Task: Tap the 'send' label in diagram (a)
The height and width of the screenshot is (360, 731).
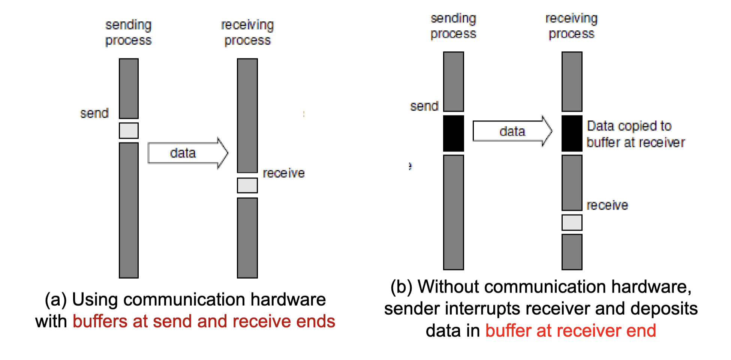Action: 94,113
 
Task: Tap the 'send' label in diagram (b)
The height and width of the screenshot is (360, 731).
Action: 424,106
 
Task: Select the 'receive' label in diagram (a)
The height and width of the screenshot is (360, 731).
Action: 283,173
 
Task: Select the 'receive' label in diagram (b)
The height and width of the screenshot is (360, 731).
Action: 607,205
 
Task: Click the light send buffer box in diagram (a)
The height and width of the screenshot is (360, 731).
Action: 129,130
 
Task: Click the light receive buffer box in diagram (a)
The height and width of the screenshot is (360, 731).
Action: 247,185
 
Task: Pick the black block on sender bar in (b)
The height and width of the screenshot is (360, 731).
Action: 453,133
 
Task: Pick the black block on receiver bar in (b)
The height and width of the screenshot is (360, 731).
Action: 572,133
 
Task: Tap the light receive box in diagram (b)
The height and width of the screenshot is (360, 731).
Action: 572,222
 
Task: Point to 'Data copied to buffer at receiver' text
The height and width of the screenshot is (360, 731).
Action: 635,134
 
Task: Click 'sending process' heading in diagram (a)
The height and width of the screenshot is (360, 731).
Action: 128,32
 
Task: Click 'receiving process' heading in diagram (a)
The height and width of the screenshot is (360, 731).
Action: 247,32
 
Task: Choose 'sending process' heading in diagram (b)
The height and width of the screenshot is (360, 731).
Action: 453,26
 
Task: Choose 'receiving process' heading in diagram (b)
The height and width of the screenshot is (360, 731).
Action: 571,26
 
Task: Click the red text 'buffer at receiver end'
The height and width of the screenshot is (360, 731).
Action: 570,331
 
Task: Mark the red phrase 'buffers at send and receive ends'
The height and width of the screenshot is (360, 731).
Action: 204,321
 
